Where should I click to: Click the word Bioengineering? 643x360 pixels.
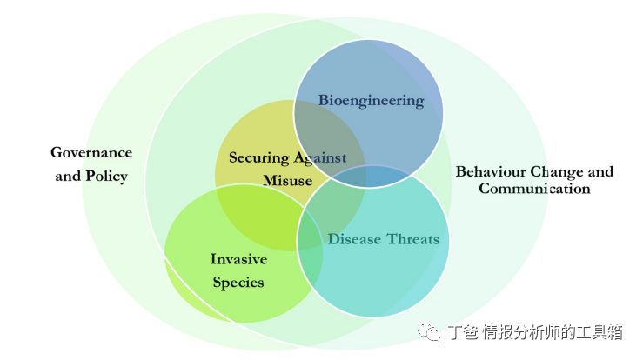pos(371,100)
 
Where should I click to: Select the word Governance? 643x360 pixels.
pos(91,152)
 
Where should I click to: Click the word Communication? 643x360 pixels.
pos(534,188)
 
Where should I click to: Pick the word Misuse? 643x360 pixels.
pos(286,181)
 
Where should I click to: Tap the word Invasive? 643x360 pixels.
pos(238,259)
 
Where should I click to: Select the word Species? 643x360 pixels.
pos(238,283)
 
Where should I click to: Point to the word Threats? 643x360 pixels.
pos(412,239)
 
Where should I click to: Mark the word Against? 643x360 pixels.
pos(319,157)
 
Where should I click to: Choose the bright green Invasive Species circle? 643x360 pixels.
pos(209,296)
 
